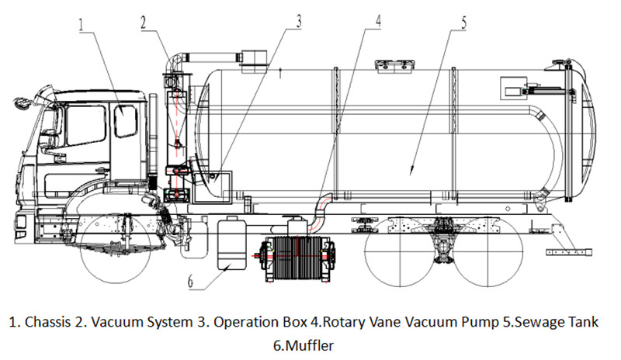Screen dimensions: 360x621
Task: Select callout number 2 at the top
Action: point(144,22)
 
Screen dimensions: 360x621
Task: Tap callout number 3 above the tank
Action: point(298,22)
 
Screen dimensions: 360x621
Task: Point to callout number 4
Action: point(378,22)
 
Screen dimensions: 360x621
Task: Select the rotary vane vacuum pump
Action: point(295,255)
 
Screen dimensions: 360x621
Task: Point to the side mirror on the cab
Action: point(21,103)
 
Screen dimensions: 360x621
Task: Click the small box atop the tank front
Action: point(252,58)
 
